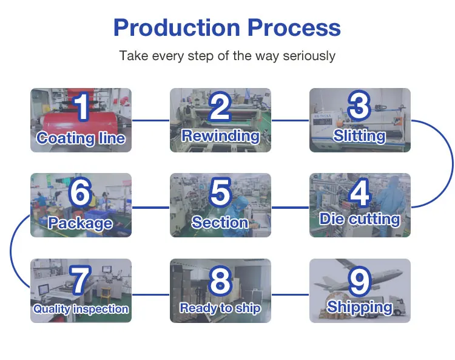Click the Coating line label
click(81, 138)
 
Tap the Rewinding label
click(220, 135)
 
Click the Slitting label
click(360, 135)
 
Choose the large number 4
click(360, 192)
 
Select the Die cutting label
click(360, 219)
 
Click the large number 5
click(220, 192)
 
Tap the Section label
click(220, 222)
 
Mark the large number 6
click(81, 192)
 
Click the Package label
click(81, 223)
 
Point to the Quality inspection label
click(81, 309)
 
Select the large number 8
click(220, 281)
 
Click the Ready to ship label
click(220, 308)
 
